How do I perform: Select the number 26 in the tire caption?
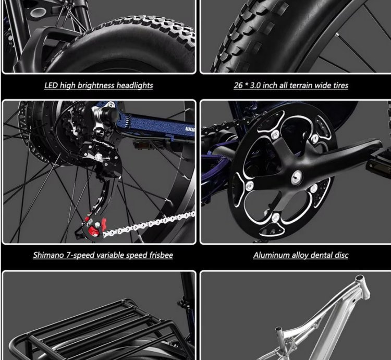[x=238, y=86]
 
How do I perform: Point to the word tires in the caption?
[x=340, y=86]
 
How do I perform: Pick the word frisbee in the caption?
[x=161, y=255]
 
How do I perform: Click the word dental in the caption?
[x=321, y=255]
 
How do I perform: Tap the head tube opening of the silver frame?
[x=359, y=278]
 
